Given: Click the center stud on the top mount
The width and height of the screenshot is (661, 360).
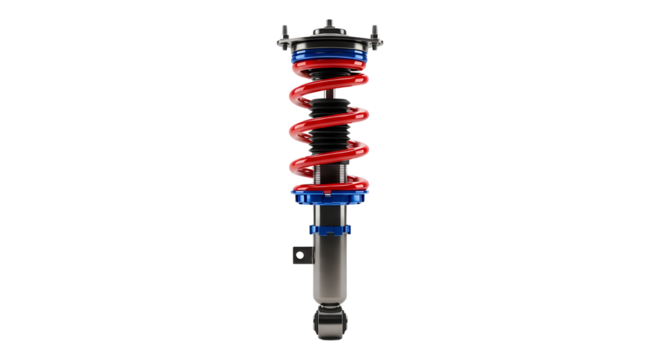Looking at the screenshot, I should pos(330,21).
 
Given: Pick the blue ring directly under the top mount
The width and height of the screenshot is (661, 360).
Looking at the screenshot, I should pos(330,62).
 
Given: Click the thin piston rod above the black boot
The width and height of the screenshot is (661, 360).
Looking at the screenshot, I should pos(330,90).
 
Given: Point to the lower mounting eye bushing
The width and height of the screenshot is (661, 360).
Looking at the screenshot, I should pos(330,322).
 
